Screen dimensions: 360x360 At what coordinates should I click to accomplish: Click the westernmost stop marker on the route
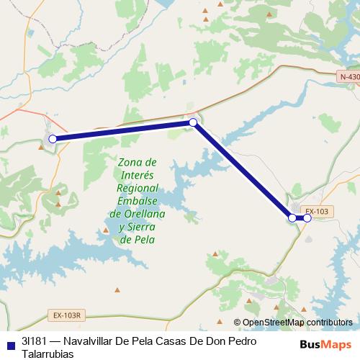click(52, 138)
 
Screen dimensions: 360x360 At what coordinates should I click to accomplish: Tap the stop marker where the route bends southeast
click(193, 123)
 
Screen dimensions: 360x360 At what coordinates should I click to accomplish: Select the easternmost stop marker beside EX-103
click(307, 217)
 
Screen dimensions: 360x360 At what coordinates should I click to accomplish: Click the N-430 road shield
click(349, 77)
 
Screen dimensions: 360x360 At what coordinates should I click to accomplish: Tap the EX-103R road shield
click(69, 315)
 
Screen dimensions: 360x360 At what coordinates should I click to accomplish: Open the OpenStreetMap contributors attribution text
click(297, 323)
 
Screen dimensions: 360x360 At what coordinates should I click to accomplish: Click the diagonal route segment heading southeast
click(243, 170)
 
